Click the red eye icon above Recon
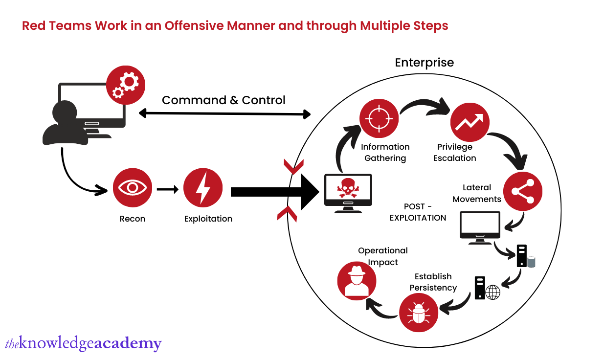point(133,188)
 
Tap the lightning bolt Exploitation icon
point(202,188)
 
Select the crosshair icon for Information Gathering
point(379,118)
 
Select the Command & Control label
point(224,100)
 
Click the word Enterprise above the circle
point(424,63)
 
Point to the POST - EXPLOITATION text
point(418,212)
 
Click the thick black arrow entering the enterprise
point(274,191)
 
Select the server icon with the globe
point(486,288)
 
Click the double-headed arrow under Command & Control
point(224,114)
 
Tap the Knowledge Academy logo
point(83,343)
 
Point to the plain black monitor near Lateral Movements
point(480,226)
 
